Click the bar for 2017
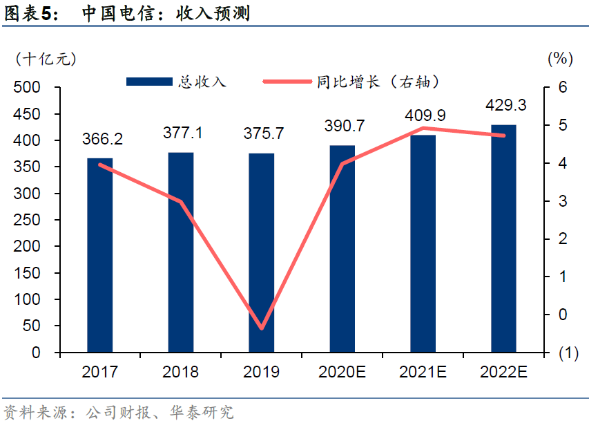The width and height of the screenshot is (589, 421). click(x=99, y=255)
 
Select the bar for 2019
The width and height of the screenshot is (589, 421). click(x=261, y=253)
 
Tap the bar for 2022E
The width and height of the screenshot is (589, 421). click(x=503, y=238)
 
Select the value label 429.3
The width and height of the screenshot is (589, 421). click(x=505, y=106)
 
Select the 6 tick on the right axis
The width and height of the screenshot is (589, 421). click(x=563, y=88)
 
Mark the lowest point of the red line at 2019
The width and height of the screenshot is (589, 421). click(x=262, y=328)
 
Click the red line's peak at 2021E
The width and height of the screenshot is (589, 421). click(x=423, y=128)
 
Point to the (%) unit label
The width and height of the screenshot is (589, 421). click(x=560, y=59)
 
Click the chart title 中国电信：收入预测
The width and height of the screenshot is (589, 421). click(x=166, y=13)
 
